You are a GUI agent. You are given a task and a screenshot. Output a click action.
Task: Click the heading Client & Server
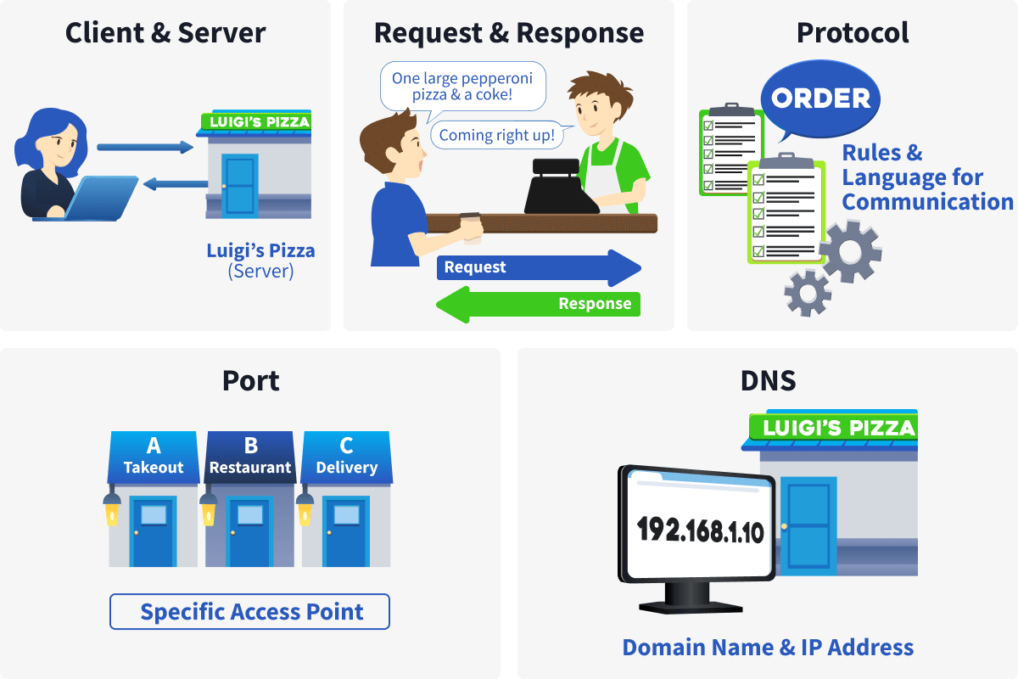click(165, 33)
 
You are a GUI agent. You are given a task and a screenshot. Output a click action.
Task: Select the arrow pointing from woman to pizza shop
click(145, 148)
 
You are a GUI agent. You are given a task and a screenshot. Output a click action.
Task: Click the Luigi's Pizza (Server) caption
click(260, 261)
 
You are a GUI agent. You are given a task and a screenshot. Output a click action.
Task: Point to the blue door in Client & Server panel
click(239, 184)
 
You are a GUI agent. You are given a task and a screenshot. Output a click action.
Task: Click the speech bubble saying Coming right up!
click(496, 135)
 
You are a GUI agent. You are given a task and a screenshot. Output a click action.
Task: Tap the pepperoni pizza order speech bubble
click(462, 87)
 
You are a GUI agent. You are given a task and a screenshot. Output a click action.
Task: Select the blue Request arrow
click(538, 267)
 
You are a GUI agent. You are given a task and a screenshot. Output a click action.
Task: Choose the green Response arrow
click(538, 304)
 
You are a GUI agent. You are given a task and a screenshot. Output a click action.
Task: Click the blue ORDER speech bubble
click(820, 98)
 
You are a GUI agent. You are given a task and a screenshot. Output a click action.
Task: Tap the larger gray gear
click(851, 252)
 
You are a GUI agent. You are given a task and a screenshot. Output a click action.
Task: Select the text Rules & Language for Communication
click(926, 177)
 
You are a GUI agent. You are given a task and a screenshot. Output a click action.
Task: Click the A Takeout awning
click(154, 457)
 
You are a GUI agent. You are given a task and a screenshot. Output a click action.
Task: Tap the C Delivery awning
click(346, 457)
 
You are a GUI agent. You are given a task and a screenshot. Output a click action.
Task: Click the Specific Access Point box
click(249, 612)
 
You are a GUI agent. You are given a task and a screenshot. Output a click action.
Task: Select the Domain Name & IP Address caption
click(768, 648)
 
